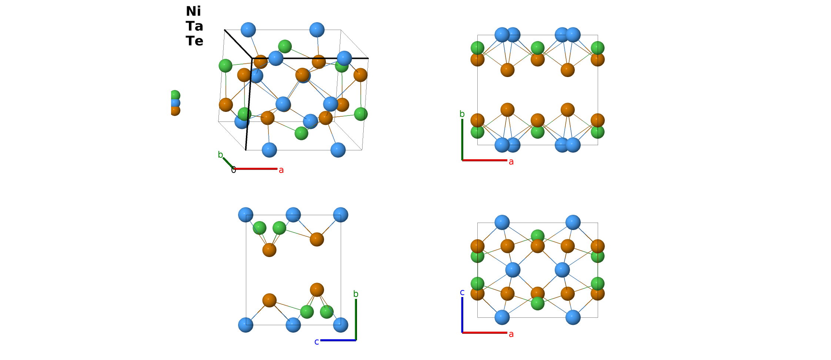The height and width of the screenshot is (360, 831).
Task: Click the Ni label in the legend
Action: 193,11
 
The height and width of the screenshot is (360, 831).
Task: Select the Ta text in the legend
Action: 194,26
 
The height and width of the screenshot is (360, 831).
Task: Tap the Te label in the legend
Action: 194,41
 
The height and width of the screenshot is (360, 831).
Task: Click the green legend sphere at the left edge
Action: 175,95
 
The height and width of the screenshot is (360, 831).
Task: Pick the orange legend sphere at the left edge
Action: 175,110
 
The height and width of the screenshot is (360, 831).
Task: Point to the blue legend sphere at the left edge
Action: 175,103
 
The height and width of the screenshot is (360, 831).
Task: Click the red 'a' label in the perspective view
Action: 281,170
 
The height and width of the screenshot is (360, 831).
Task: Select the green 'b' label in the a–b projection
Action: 462,114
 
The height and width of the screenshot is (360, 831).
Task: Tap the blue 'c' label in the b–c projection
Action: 317,342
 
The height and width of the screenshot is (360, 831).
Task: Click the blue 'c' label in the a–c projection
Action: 462,292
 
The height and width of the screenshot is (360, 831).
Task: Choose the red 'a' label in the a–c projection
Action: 511,334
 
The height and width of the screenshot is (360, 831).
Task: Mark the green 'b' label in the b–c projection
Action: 356,294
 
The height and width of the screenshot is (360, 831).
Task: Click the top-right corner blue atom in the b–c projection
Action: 340,215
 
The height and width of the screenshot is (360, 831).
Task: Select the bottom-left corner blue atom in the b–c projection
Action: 246,325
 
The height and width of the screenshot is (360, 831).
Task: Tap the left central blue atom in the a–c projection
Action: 513,270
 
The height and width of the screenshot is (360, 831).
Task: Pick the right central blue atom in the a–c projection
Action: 562,270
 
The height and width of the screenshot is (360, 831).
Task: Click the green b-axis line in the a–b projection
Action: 462,140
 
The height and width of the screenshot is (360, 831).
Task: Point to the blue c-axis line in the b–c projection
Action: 338,340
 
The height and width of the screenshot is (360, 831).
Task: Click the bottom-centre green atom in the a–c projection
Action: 538,304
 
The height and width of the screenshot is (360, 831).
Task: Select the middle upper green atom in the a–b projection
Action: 538,47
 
